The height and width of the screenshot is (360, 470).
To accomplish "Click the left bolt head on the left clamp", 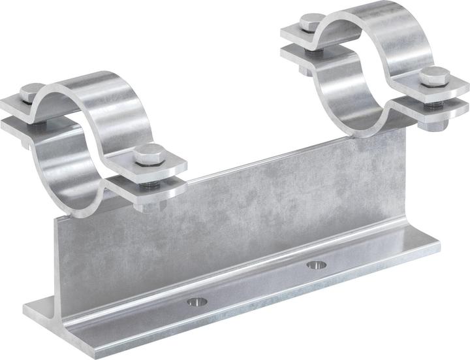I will (31, 92).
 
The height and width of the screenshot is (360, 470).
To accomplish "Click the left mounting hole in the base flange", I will (196, 301).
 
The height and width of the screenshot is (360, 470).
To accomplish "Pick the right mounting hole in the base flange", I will (317, 265).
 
